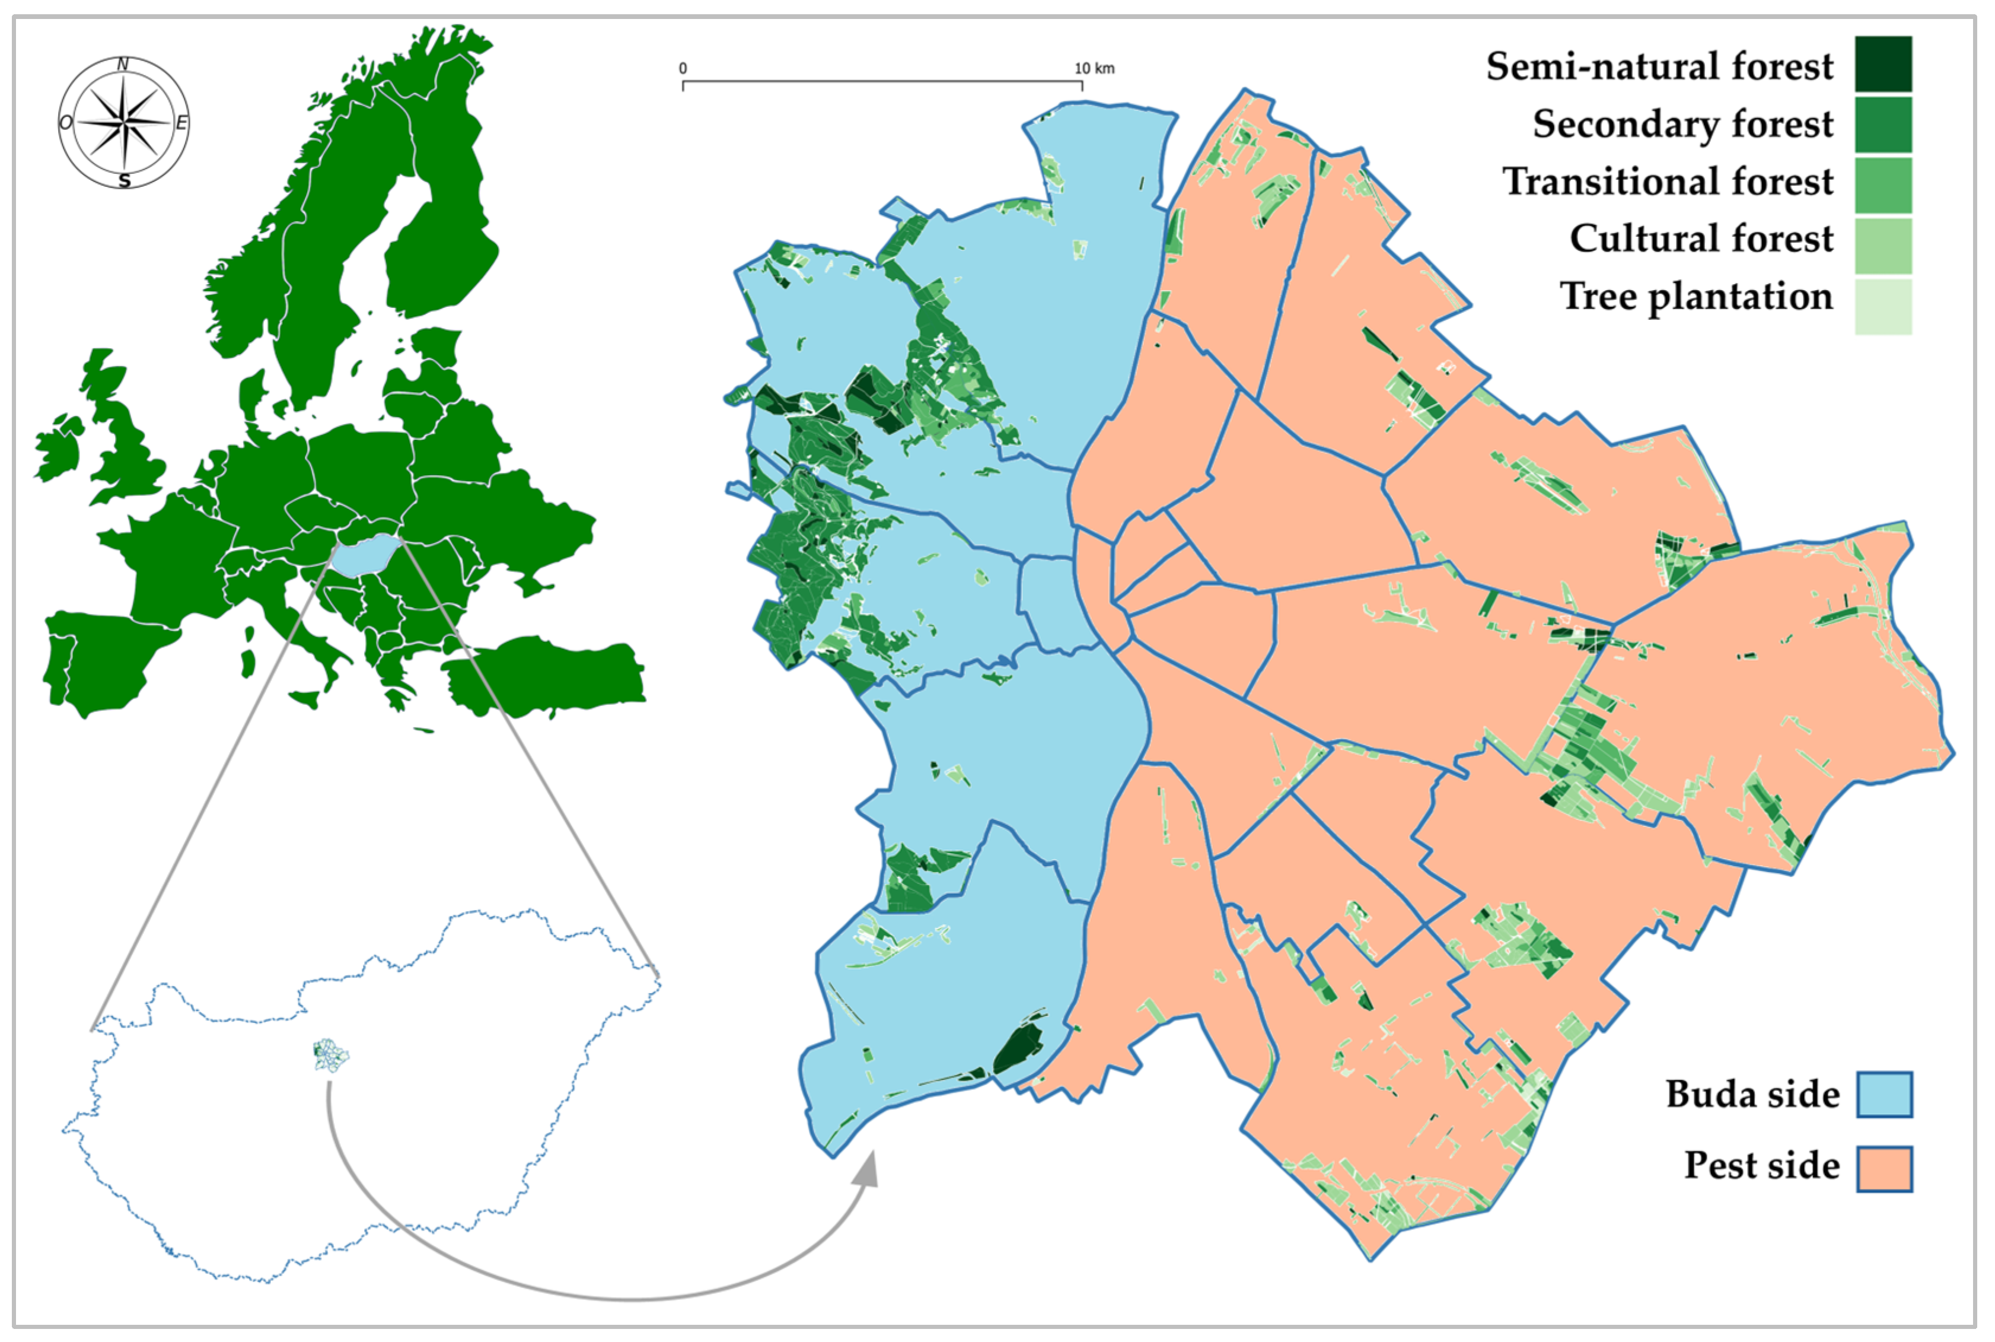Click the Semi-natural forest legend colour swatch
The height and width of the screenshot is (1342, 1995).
1883,64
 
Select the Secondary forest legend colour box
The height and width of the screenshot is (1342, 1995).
1883,124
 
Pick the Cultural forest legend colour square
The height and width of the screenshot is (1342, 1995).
1883,246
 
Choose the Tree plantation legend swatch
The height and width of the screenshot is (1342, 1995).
1883,306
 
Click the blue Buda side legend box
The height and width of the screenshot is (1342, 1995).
1884,1094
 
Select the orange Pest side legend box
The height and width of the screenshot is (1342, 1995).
1884,1168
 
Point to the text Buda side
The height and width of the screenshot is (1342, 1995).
1752,1095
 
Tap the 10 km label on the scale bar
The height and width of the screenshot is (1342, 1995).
1094,68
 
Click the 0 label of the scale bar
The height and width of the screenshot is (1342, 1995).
683,68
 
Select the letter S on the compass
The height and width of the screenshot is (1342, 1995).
125,180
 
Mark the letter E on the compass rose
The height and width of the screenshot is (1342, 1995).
181,124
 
